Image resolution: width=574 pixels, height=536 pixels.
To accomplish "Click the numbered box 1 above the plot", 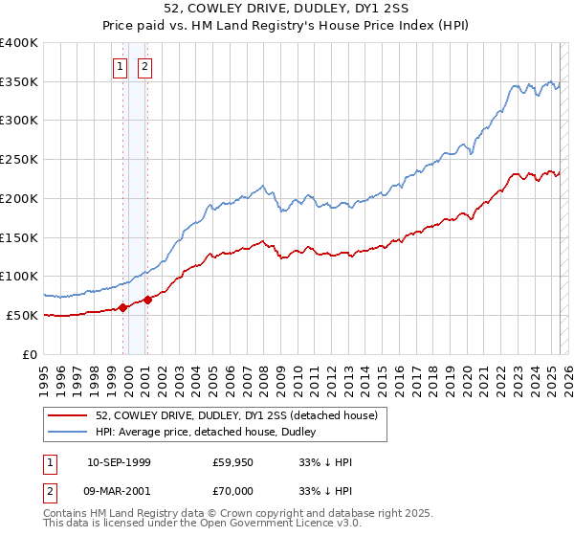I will tap(121, 67).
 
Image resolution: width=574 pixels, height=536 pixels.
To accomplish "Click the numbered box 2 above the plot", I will tap(144, 67).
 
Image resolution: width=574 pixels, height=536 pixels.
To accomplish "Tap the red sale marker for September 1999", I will tap(123, 307).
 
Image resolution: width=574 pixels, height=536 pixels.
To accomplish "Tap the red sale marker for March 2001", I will tap(148, 300).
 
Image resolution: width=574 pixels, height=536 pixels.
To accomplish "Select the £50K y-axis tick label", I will tap(23, 315).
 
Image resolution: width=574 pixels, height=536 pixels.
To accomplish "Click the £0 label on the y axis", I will tap(32, 354).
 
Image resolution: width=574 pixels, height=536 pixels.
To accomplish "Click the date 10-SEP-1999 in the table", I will tap(119, 462).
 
